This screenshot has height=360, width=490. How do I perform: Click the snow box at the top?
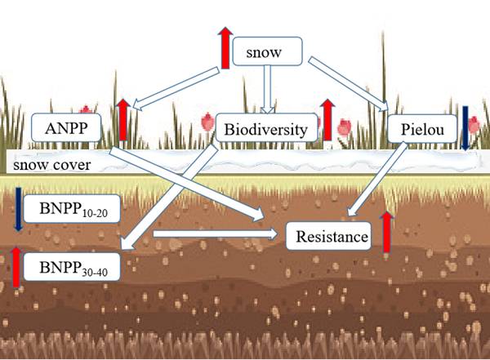[268, 52]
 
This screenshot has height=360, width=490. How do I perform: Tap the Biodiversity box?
[265, 128]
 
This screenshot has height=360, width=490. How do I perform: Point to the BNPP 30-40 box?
[73, 266]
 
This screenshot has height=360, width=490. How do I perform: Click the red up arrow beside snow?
[225, 47]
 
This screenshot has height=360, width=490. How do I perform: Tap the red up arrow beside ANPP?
[122, 120]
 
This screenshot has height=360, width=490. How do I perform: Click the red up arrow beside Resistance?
[386, 231]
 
